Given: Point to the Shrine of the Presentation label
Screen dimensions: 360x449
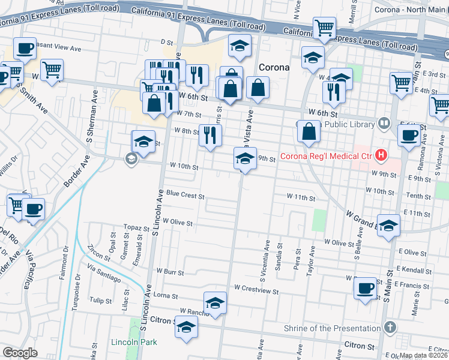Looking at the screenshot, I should pyautogui.click(x=341, y=328).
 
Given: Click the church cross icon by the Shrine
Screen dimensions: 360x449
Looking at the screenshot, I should pyautogui.click(x=390, y=328).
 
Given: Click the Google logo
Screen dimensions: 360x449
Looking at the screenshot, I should pyautogui.click(x=20, y=352).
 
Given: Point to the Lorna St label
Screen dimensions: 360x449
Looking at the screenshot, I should pyautogui.click(x=166, y=296).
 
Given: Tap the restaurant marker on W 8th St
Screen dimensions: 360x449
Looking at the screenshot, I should pyautogui.click(x=209, y=134).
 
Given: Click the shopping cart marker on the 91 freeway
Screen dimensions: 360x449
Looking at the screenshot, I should pyautogui.click(x=324, y=27).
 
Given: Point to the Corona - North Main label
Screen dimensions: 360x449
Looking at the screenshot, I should pyautogui.click(x=411, y=10).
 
